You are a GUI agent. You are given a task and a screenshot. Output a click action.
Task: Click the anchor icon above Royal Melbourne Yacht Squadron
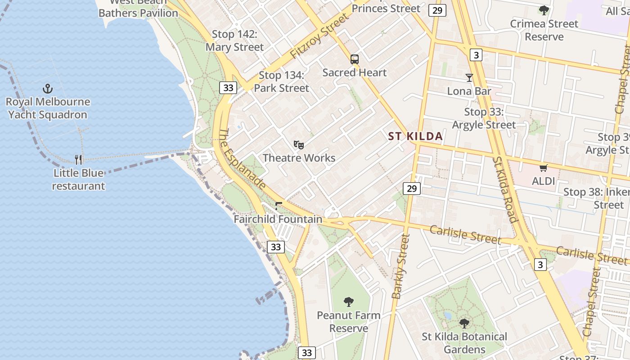[47, 89]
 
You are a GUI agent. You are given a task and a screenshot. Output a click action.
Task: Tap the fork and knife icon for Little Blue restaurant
[78, 159]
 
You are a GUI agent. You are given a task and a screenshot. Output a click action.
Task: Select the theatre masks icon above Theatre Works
[299, 144]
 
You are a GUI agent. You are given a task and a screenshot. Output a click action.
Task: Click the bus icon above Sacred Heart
[355, 59]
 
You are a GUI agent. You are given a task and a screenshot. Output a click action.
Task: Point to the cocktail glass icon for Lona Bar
[469, 78]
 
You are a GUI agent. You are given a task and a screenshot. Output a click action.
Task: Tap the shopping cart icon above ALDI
[543, 168]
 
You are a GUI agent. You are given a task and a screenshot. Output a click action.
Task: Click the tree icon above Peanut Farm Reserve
[348, 302]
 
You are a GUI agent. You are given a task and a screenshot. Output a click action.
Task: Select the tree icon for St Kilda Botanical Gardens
[464, 323]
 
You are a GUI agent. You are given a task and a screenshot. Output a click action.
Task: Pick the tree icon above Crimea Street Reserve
[544, 10]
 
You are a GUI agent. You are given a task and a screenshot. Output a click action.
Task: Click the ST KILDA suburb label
[415, 136]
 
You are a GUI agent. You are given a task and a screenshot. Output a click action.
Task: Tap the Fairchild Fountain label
[278, 219]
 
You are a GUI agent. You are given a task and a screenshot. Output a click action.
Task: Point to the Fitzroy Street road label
[319, 36]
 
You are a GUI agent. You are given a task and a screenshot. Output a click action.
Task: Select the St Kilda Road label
[504, 189]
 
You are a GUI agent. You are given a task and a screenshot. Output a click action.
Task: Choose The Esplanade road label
[242, 158]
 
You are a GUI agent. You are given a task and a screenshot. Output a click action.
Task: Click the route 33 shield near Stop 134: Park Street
[228, 88]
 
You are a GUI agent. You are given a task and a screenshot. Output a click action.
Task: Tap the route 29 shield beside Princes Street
[437, 10]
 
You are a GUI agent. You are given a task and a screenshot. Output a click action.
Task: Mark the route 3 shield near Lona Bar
[476, 55]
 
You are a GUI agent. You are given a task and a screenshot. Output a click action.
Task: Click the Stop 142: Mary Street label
[234, 40]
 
